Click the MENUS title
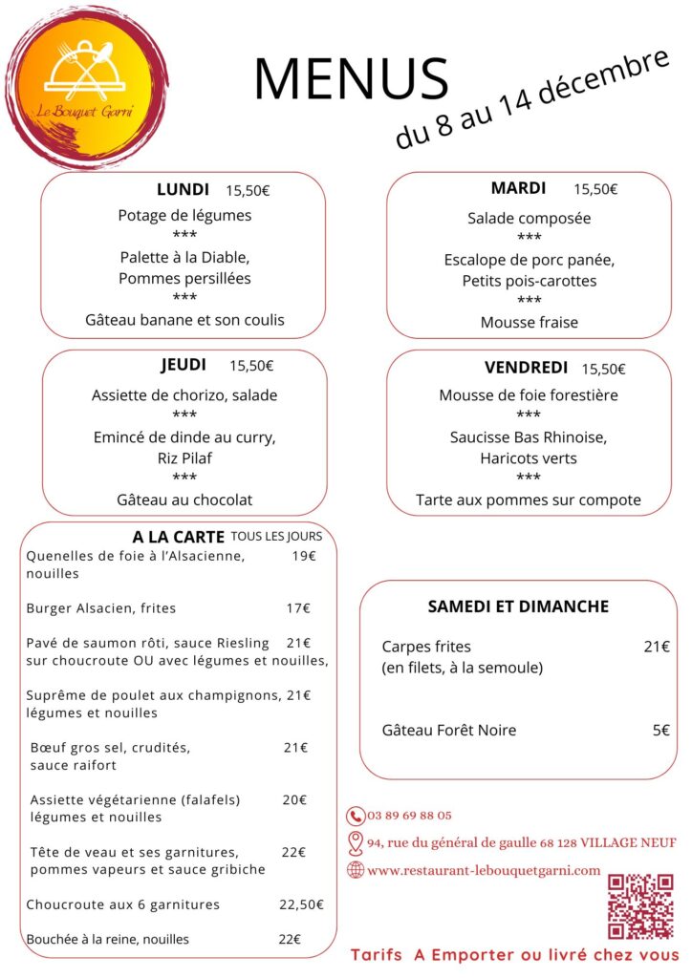(x=351, y=79)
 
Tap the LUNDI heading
(x=183, y=189)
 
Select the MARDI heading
(x=518, y=188)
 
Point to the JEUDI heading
(x=184, y=364)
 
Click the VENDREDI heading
(x=526, y=368)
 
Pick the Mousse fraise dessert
(x=529, y=323)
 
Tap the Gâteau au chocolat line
(x=184, y=500)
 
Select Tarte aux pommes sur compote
(x=529, y=500)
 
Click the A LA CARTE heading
(x=178, y=537)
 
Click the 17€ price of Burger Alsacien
(x=298, y=607)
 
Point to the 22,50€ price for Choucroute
(x=301, y=904)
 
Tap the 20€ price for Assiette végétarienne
(x=294, y=799)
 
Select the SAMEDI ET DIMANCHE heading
(x=518, y=606)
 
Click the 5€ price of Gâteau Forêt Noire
(x=660, y=731)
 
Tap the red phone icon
(x=356, y=816)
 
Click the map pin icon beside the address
(x=356, y=842)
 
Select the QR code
(x=641, y=905)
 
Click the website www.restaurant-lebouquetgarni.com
(x=484, y=870)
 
